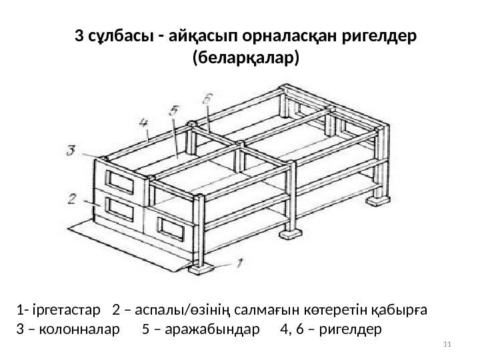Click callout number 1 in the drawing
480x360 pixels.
click(x=241, y=263)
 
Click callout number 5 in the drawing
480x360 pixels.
click(x=174, y=110)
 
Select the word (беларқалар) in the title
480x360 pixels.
click(x=246, y=59)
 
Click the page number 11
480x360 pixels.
click(x=447, y=344)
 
